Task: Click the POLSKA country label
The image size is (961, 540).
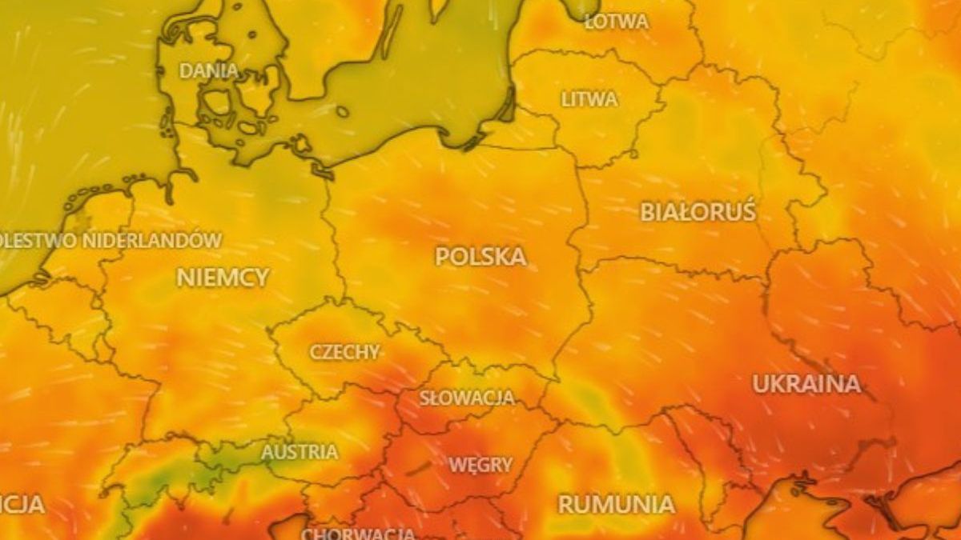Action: click(480, 257)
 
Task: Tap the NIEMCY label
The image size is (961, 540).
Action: click(223, 278)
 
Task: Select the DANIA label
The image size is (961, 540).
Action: click(208, 70)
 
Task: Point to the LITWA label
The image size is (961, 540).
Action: click(589, 100)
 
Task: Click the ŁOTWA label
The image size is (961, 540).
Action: click(616, 22)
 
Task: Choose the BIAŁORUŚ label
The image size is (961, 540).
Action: click(698, 212)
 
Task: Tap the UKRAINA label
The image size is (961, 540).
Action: click(806, 384)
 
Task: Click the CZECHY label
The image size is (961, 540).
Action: click(344, 352)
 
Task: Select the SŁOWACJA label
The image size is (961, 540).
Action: click(467, 398)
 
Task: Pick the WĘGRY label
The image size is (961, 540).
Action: click(480, 465)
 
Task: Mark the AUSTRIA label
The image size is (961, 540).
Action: click(300, 452)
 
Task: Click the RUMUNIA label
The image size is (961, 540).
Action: click(616, 504)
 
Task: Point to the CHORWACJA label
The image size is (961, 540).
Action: click(358, 533)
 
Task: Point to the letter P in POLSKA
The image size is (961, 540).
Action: click(443, 257)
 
